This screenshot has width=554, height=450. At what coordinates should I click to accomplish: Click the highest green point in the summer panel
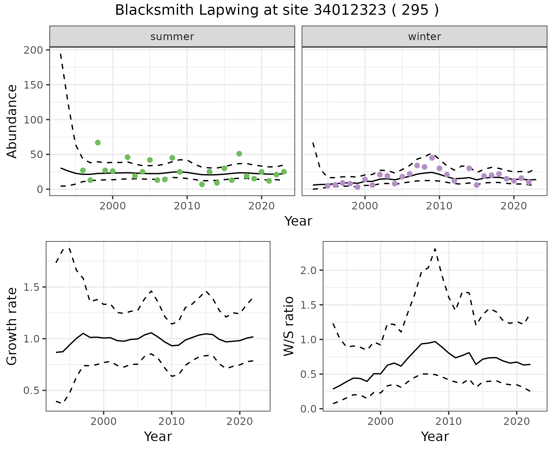(98, 142)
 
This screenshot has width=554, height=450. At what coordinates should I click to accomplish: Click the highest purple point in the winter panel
(432, 158)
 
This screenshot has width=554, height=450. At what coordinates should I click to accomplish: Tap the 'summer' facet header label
(172, 37)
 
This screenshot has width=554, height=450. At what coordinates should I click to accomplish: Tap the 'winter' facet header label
(424, 37)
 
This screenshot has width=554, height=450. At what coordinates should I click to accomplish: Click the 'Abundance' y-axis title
(12, 121)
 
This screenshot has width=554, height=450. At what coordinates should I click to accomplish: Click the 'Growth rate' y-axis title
(12, 326)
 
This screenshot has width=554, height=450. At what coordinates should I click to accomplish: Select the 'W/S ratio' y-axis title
(289, 326)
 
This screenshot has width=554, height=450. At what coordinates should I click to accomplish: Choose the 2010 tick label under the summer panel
(187, 206)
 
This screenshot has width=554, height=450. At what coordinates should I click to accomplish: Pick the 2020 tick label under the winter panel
(514, 206)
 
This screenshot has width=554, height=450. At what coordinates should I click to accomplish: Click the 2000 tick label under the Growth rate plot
(104, 421)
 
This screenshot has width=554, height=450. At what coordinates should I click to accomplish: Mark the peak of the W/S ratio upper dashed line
(435, 248)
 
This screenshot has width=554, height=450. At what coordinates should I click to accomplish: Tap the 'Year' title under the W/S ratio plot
(435, 436)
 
